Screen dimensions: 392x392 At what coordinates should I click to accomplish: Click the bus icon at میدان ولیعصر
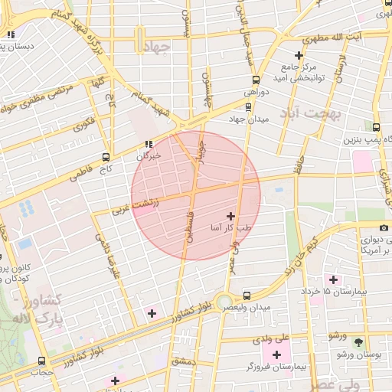click(247, 296)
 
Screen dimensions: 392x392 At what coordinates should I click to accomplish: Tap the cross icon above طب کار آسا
click(232, 217)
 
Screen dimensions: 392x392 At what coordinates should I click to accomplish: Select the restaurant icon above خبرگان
click(149, 144)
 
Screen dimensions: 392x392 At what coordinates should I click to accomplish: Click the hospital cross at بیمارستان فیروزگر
click(276, 354)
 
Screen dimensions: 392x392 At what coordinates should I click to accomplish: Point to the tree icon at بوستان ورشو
click(360, 342)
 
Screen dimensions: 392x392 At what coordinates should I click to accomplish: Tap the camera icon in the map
click(362, 227)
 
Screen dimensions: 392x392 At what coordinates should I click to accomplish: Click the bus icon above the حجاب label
click(41, 361)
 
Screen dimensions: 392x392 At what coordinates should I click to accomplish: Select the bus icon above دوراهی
click(256, 80)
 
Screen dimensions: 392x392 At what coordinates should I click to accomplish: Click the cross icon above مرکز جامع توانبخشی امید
click(299, 55)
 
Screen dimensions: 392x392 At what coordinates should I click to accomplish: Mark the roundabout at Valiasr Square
click(227, 303)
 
